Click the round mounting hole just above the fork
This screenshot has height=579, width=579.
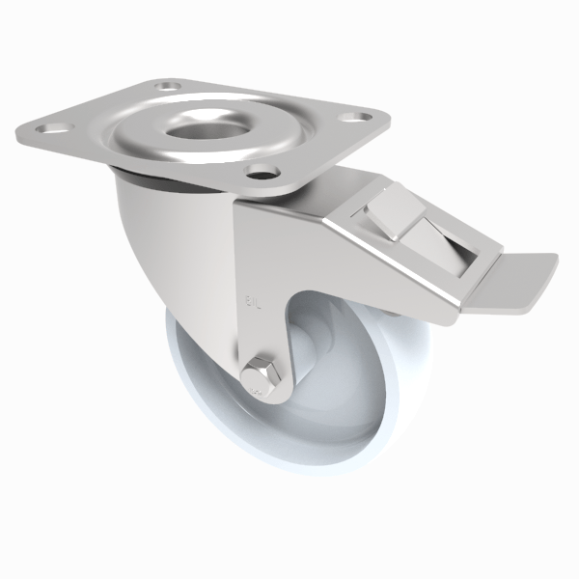coord(258,174)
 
